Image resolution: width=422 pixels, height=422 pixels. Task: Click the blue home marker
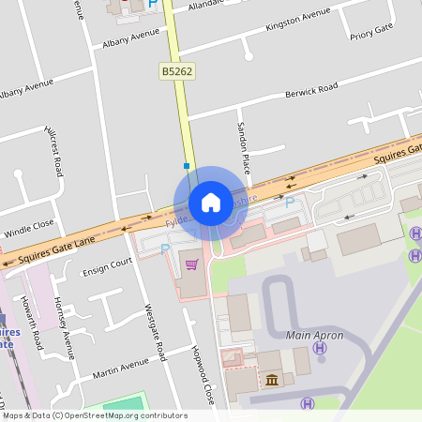point(211,203)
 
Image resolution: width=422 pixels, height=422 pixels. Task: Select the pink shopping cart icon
point(192,264)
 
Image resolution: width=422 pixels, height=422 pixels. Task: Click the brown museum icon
point(272,379)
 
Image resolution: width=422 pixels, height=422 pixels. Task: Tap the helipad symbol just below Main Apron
point(320,348)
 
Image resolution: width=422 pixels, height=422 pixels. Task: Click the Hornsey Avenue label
point(64,327)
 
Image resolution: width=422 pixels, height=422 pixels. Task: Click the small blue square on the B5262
point(187,166)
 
